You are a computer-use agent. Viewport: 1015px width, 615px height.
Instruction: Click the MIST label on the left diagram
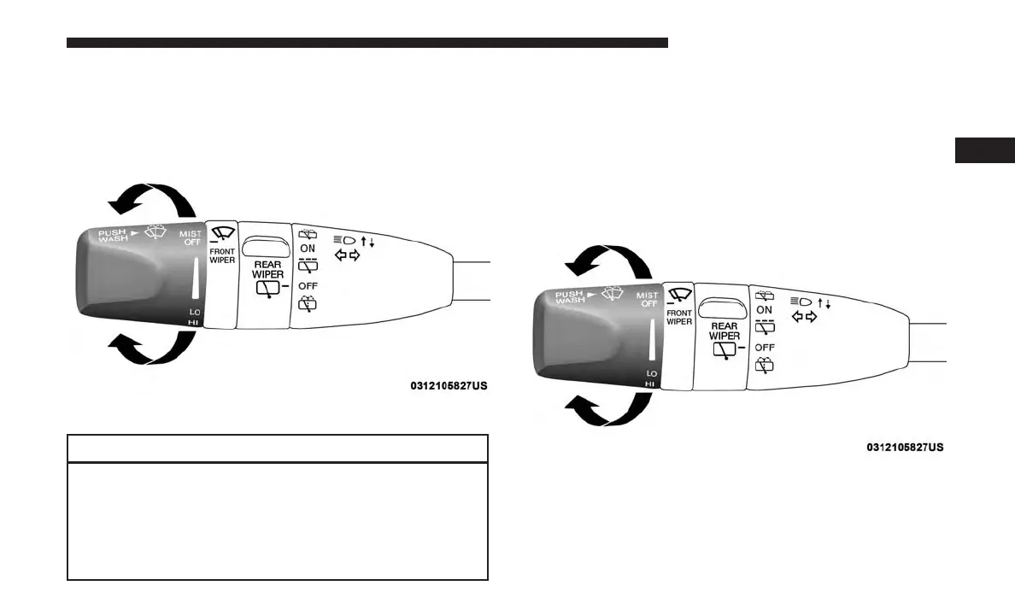click(x=191, y=233)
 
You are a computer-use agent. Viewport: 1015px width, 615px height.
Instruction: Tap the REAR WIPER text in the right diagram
click(x=724, y=331)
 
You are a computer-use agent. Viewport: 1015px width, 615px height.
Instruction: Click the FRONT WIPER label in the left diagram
click(x=222, y=255)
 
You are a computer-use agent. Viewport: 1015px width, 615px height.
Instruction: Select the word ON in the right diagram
click(x=765, y=309)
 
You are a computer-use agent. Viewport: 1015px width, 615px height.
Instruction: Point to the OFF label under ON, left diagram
click(x=308, y=285)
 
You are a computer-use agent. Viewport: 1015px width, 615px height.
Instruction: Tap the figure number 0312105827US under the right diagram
click(x=904, y=447)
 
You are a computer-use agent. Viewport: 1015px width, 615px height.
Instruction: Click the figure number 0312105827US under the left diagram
click(x=448, y=386)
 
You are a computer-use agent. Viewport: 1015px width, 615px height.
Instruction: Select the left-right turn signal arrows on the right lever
click(x=803, y=317)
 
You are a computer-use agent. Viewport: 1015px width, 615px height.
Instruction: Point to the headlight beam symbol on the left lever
click(x=343, y=240)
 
